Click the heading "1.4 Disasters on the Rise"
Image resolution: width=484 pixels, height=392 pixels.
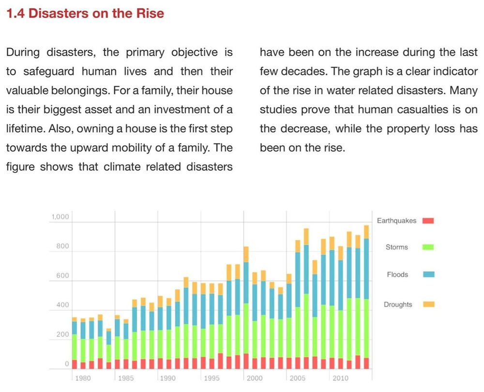pos(85,14)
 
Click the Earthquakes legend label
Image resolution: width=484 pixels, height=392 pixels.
pos(396,221)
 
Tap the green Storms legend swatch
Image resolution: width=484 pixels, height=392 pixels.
pos(428,247)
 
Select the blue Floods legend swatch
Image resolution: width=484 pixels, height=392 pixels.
pos(428,275)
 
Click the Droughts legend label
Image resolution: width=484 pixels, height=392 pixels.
pos(398,305)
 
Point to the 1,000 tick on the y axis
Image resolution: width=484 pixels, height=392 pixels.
pos(60,217)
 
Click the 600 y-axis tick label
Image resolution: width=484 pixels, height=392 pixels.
pos(62,276)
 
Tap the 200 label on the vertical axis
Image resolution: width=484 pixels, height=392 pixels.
pos(62,334)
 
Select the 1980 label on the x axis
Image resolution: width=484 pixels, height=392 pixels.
pos(83,378)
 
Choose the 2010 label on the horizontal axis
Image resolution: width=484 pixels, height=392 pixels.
pos(341,378)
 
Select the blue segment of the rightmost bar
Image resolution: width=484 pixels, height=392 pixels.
pos(366,269)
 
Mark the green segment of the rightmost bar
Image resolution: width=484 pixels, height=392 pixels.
pos(366,329)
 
